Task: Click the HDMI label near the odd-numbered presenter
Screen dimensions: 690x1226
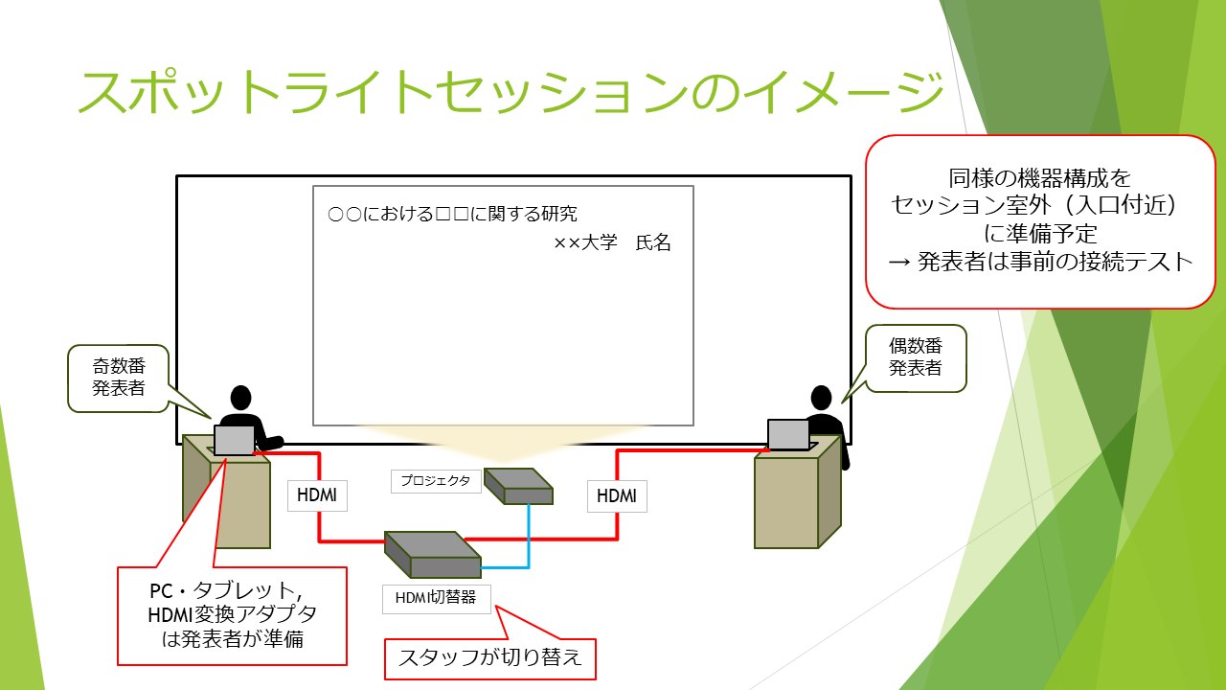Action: (317, 495)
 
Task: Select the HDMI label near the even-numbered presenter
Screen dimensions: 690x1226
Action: (617, 495)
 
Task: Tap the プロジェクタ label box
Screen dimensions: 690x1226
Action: (436, 481)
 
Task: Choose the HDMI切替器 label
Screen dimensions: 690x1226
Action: (436, 599)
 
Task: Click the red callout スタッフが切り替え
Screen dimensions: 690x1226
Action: (489, 658)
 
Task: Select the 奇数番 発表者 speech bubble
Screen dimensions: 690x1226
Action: (119, 379)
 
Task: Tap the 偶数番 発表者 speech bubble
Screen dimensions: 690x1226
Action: (916, 357)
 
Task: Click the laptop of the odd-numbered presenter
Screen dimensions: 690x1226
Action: (234, 440)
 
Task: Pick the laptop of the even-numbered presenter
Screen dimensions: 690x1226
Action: (789, 434)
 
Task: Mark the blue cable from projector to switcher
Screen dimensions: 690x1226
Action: (528, 537)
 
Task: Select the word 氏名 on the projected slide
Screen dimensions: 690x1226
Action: (653, 243)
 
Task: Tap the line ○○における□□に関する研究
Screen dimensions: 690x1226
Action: (452, 214)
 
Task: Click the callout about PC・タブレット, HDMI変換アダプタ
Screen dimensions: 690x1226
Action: (232, 613)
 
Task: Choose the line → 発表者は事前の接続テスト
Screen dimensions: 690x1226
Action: (1040, 262)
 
